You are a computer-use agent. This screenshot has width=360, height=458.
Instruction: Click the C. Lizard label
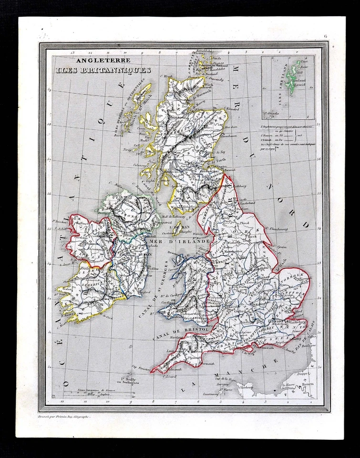(169, 376)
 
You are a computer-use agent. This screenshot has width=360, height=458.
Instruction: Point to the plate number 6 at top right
(325, 36)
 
